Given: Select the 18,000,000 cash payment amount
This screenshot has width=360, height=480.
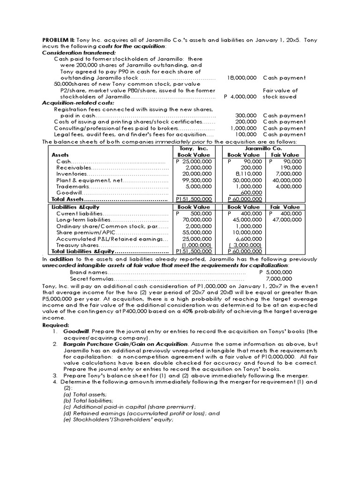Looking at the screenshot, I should coord(241,78).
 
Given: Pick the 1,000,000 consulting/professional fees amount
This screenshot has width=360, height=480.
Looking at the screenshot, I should coord(243,128).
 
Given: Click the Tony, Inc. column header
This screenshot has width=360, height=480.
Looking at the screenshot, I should coord(194,148).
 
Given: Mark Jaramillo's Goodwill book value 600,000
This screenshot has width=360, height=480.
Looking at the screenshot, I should coord(251,193).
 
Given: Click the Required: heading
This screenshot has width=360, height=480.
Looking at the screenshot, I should coord(55,325).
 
